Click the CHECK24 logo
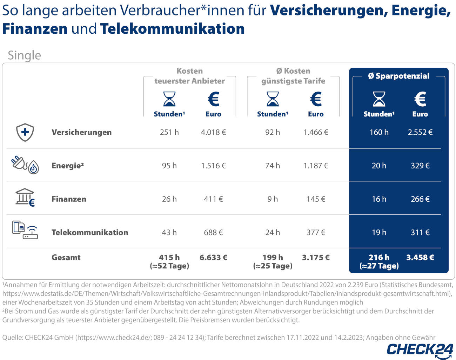pyautogui.click(x=420, y=350)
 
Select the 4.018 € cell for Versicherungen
pyautogui.click(x=213, y=132)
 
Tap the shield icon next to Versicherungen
pyautogui.click(x=25, y=132)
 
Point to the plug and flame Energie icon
pyautogui.click(x=25, y=165)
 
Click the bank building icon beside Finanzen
pyautogui.click(x=25, y=197)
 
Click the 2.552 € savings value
pyautogui.click(x=420, y=132)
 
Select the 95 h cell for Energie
pyautogui.click(x=169, y=166)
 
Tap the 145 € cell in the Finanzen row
pyautogui.click(x=316, y=199)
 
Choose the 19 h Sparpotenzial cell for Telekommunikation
pyautogui.click(x=379, y=232)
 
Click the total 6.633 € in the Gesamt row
pyautogui.click(x=213, y=258)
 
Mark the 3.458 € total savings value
pyautogui.click(x=420, y=258)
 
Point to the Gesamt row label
pyautogui.click(x=66, y=258)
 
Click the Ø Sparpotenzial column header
pyautogui.click(x=398, y=76)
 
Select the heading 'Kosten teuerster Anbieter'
pyautogui.click(x=189, y=76)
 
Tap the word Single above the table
pyautogui.click(x=24, y=55)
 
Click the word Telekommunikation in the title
pyautogui.click(x=172, y=29)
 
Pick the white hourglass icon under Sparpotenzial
pyautogui.click(x=379, y=99)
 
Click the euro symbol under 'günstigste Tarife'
pyautogui.click(x=316, y=99)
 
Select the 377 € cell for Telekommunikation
pyautogui.click(x=316, y=232)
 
